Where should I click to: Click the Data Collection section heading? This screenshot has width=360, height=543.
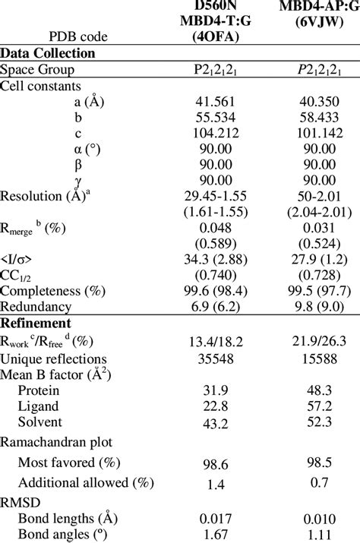(47, 53)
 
